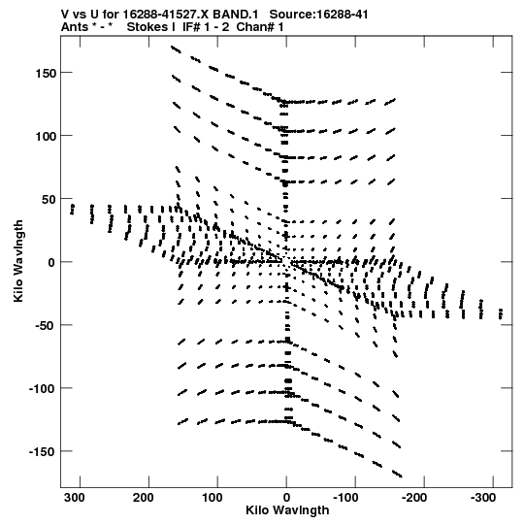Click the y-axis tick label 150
46,74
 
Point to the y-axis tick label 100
46,137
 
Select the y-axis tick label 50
49,200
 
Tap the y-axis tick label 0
51,263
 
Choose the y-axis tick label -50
46,326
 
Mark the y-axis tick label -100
43,389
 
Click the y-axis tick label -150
43,452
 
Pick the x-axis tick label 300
75,498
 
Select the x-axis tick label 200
144,498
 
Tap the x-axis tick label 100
213,498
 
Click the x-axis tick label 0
286,498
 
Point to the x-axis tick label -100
345,498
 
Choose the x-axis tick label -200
414,498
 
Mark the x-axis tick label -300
483,498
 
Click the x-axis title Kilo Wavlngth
287,510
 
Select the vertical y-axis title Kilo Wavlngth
18,261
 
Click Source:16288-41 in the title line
318,15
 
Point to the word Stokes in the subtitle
147,27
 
